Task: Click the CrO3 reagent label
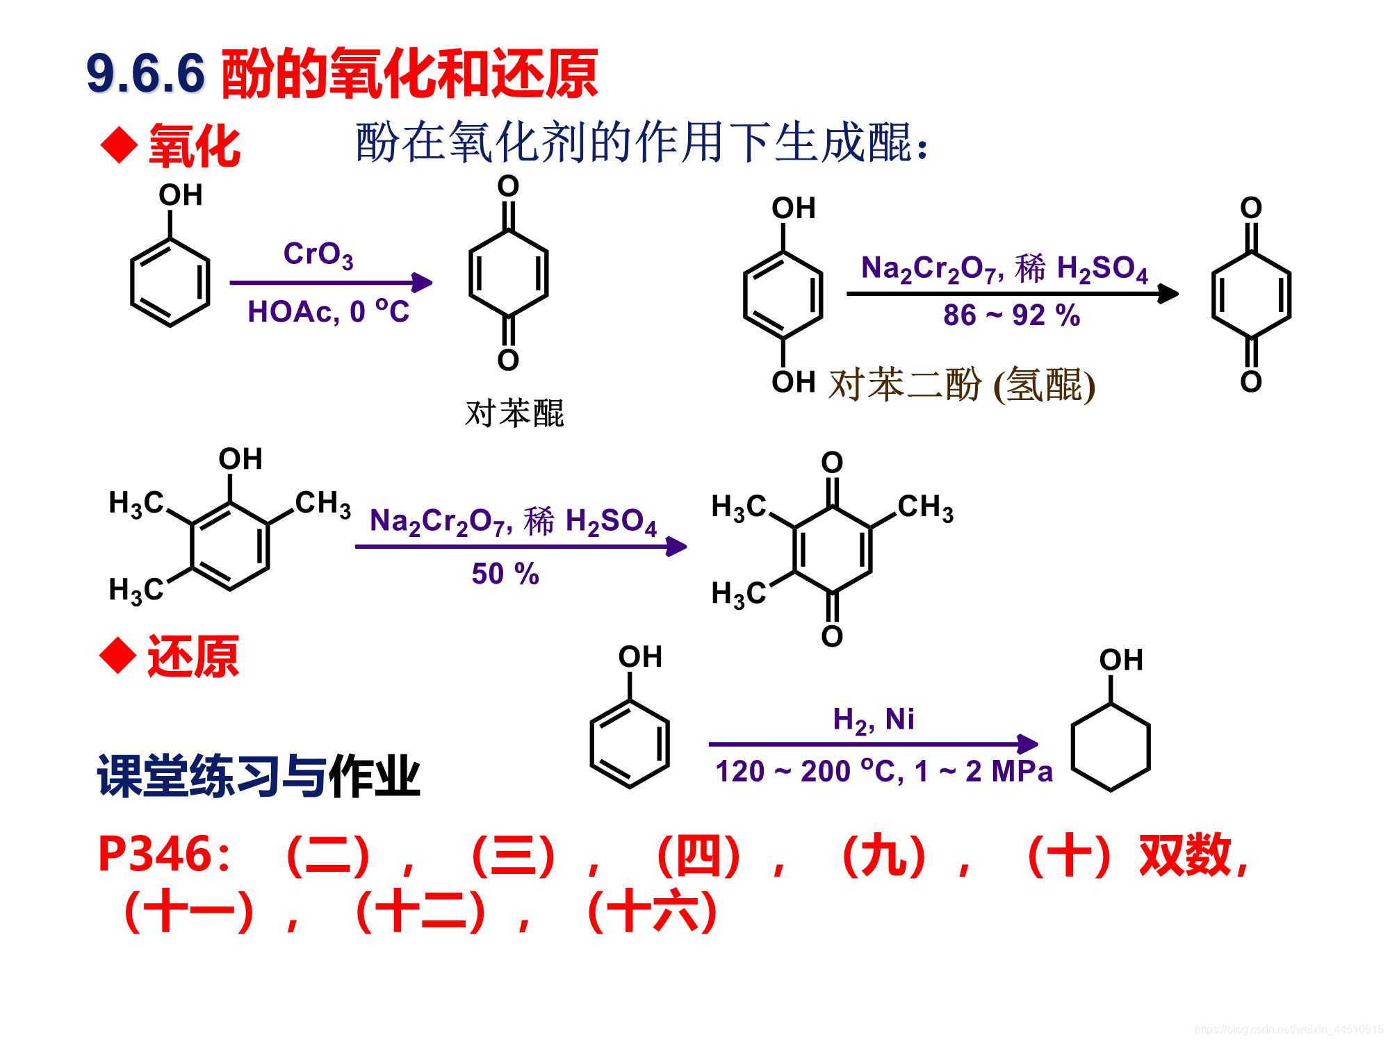(318, 254)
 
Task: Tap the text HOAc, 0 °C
(328, 312)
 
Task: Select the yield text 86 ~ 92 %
(1011, 315)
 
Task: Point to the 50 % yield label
(505, 574)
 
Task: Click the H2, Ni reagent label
(874, 720)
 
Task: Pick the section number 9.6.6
(146, 73)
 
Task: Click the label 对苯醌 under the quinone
(514, 413)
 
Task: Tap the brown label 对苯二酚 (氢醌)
(962, 384)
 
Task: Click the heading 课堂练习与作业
(259, 776)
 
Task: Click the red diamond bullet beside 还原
(117, 656)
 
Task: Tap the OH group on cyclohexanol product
(1120, 661)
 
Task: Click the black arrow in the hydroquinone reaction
(1012, 294)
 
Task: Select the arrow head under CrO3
(422, 283)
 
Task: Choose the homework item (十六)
(652, 911)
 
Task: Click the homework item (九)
(883, 856)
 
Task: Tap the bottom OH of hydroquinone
(793, 382)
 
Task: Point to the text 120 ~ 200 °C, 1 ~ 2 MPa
(883, 772)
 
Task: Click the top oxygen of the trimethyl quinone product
(832, 463)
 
